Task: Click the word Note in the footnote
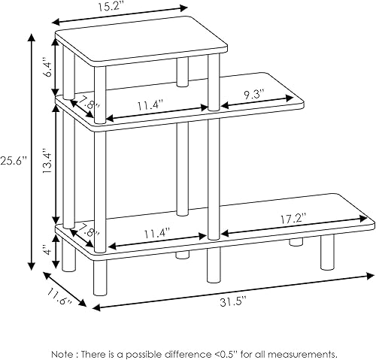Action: [x=64, y=353]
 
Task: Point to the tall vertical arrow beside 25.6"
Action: [x=32, y=150]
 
